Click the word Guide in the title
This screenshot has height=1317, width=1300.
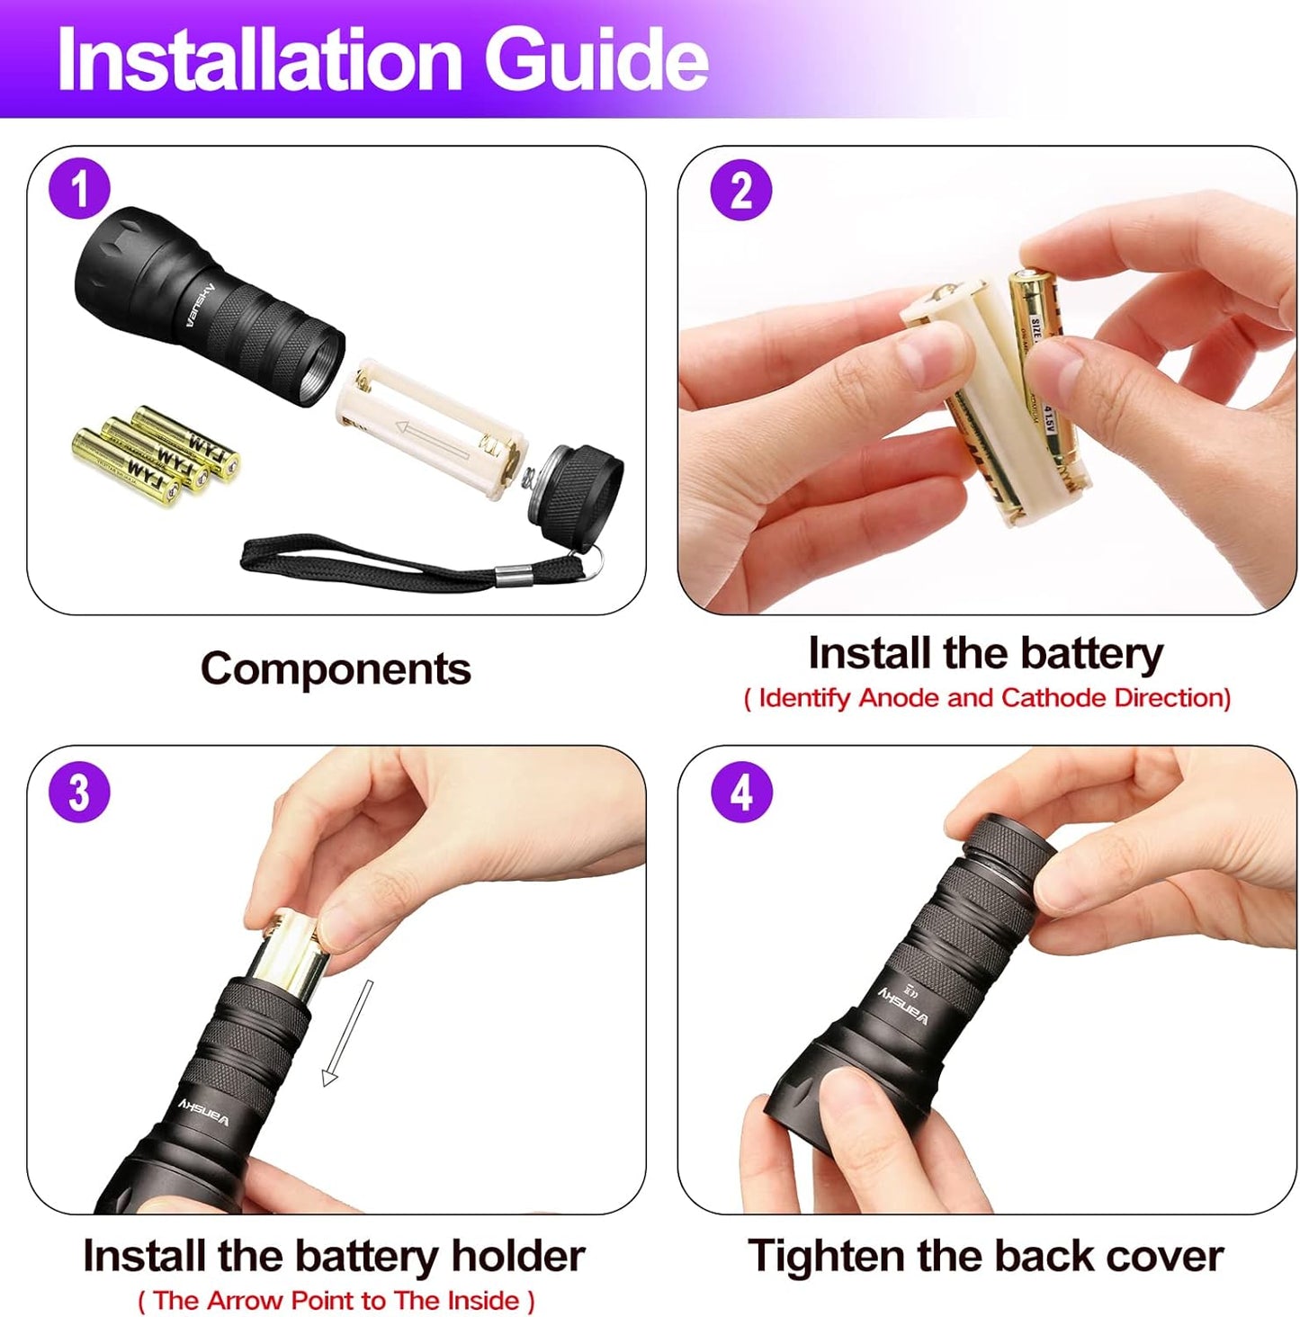[x=596, y=59]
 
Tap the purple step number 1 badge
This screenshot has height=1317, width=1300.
[x=79, y=190]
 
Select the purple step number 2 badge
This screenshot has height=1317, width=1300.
[x=740, y=191]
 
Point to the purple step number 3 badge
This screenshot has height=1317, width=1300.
[x=79, y=793]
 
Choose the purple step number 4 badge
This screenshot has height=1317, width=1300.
[x=740, y=793]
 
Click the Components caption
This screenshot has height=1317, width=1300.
[x=336, y=668]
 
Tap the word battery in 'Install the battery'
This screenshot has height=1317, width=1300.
[x=1091, y=653]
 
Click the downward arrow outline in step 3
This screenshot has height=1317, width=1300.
[x=347, y=1035]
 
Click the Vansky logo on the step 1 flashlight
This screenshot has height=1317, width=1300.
[x=200, y=305]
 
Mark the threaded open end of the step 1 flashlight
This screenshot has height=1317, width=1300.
[x=317, y=367]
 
